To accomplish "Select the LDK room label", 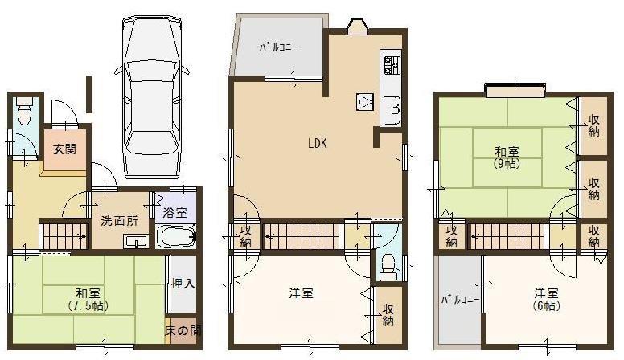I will coord(316,145).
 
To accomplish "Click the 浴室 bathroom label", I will coord(174,213).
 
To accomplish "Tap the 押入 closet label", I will coord(183,284).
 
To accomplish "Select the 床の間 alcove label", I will coord(183,331).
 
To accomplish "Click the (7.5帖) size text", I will coord(88,306).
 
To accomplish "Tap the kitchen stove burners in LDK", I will coord(392,65).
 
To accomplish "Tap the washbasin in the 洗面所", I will coord(134,240).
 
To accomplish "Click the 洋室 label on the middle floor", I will coord(301,293).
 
